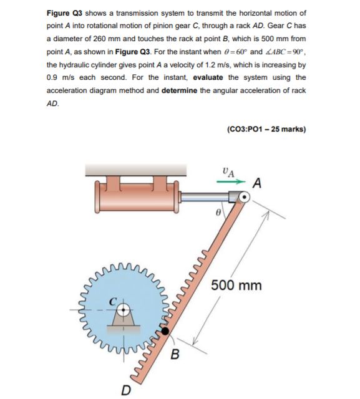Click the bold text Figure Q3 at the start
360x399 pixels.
(x=64, y=13)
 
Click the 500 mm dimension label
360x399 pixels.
(x=236, y=286)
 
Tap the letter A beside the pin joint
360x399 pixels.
(x=257, y=183)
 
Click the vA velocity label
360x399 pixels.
(x=228, y=171)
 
